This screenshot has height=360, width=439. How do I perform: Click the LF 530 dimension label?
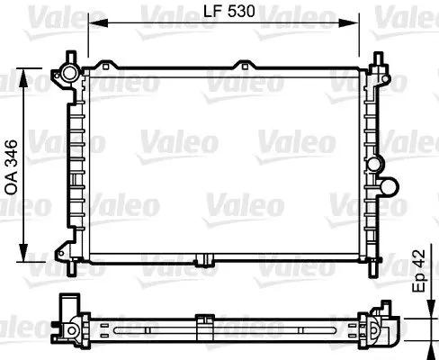tap(229, 12)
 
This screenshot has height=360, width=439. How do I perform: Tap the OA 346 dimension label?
tap(12, 167)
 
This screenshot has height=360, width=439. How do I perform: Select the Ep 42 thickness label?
tap(419, 271)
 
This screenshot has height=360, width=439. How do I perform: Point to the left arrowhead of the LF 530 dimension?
tap(98, 22)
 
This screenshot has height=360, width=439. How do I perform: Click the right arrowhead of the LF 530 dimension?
tap(349, 22)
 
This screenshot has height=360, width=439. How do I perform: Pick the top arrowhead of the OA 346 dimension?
tap(23, 77)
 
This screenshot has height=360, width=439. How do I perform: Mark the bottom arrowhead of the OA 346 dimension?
tap(23, 253)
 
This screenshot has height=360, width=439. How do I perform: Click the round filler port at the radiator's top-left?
tap(69, 72)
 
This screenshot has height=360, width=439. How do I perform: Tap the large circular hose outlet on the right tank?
tap(389, 186)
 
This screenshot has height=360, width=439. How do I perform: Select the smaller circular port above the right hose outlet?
tap(374, 164)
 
